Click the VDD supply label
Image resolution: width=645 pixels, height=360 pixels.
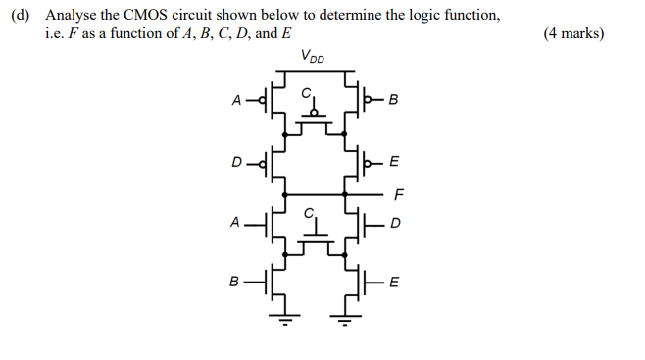pyautogui.click(x=314, y=56)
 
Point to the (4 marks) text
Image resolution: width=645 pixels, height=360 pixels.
pyautogui.click(x=572, y=34)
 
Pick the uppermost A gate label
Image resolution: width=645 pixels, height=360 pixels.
pyautogui.click(x=236, y=100)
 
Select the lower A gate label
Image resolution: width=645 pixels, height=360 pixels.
pyautogui.click(x=235, y=223)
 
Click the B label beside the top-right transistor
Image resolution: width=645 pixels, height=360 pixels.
pyautogui.click(x=394, y=100)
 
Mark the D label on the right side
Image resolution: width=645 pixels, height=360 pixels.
pyautogui.click(x=395, y=223)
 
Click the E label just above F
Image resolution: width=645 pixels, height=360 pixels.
pyautogui.click(x=394, y=162)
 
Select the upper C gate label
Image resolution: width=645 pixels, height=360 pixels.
pyautogui.click(x=305, y=92)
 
